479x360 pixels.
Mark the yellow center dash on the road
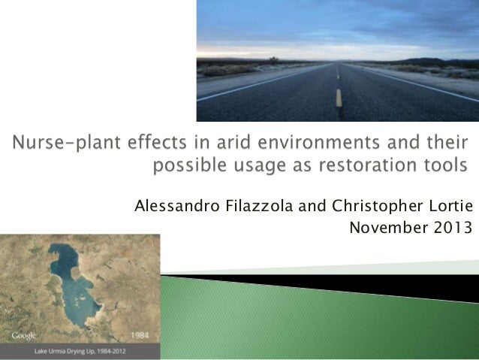pyautogui.click(x=339, y=97)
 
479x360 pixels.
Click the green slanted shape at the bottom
pyautogui.click(x=300, y=316)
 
